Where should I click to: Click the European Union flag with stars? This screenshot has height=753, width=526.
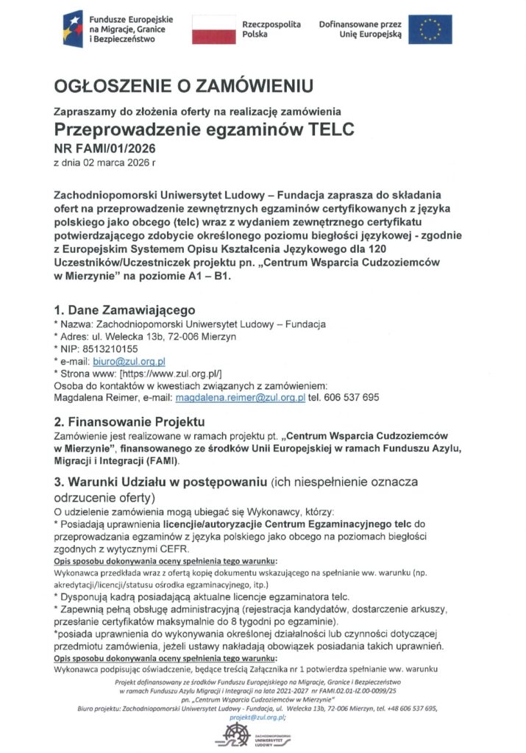click(430, 29)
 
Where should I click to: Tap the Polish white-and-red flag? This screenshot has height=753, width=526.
click(213, 29)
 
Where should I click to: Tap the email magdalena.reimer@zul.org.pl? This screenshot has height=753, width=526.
click(240, 397)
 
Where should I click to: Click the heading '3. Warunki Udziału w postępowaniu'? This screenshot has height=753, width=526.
click(161, 482)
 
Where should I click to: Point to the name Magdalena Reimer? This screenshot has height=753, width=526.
click(92, 397)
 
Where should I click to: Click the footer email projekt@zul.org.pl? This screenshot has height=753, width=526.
click(257, 716)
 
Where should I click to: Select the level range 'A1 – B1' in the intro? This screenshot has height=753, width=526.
click(211, 276)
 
